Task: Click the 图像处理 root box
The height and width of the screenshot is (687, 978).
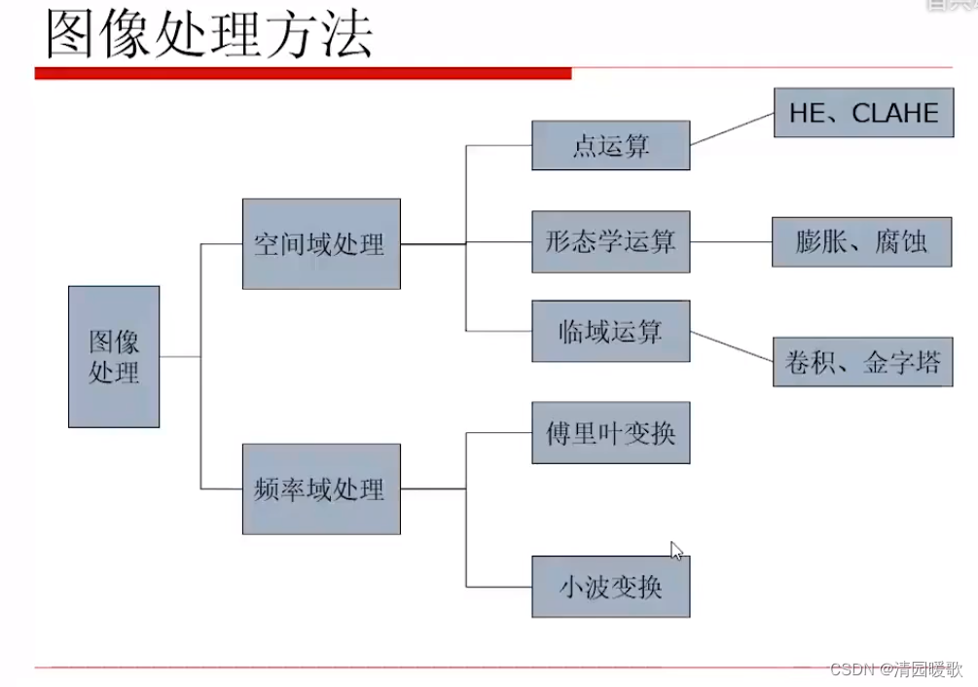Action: click(x=114, y=356)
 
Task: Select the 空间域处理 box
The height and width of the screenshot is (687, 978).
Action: click(x=321, y=243)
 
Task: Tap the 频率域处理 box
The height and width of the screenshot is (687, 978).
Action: click(x=321, y=488)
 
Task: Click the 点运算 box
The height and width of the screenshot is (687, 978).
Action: click(x=611, y=145)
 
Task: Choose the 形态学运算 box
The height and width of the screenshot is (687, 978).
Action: click(x=611, y=240)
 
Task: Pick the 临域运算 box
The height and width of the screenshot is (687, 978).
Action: click(x=611, y=331)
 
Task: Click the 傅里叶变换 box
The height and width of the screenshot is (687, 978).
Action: click(x=611, y=432)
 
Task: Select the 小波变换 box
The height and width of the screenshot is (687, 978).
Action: click(x=611, y=586)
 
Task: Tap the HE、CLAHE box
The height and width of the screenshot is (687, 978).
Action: click(x=863, y=112)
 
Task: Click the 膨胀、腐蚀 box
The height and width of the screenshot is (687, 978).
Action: click(x=862, y=240)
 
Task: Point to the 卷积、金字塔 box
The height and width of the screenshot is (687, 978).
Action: click(x=863, y=362)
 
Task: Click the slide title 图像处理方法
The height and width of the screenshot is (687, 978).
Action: click(x=209, y=37)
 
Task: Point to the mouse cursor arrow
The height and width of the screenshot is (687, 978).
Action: click(x=676, y=550)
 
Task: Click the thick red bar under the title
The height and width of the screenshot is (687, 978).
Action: click(x=302, y=73)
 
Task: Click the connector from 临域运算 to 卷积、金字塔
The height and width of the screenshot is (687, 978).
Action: click(x=732, y=346)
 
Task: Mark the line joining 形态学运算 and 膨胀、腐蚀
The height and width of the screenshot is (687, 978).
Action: click(x=731, y=241)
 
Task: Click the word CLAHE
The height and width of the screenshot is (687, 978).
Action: click(x=895, y=113)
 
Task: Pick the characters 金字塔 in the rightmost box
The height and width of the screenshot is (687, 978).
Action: click(x=902, y=363)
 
